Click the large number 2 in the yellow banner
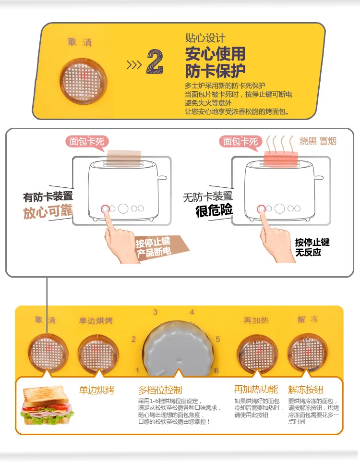tap(155, 61)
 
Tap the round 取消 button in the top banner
tap(83, 81)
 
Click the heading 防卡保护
tap(215, 71)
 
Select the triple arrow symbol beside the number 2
tap(134, 65)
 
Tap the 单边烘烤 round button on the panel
tap(98, 354)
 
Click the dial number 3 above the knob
tap(155, 312)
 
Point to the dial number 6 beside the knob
tap(216, 370)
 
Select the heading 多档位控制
tap(160, 390)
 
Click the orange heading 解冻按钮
tap(305, 390)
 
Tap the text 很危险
tap(214, 210)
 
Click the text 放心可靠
tap(48, 212)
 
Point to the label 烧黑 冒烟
tap(318, 141)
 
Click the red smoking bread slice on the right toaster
tap(281, 159)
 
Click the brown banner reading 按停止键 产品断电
tap(160, 247)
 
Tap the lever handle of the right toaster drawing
tap(319, 178)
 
